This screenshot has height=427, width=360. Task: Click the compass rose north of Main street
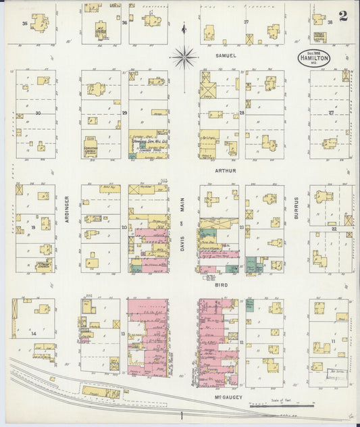tap(184, 57)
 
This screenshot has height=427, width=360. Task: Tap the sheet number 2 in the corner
tap(344, 16)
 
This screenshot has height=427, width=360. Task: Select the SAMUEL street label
tap(226, 55)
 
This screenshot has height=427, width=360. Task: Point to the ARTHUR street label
tap(226, 171)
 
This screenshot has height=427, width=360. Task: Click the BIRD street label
tap(221, 286)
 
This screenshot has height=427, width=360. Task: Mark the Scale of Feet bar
tap(281, 406)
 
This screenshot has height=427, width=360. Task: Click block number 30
tap(38, 113)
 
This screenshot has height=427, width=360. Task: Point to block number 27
tap(332, 113)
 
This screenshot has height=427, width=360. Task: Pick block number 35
tap(25, 24)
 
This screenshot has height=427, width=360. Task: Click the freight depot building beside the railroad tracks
tap(100, 391)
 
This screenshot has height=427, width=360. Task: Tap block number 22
tap(334, 228)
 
